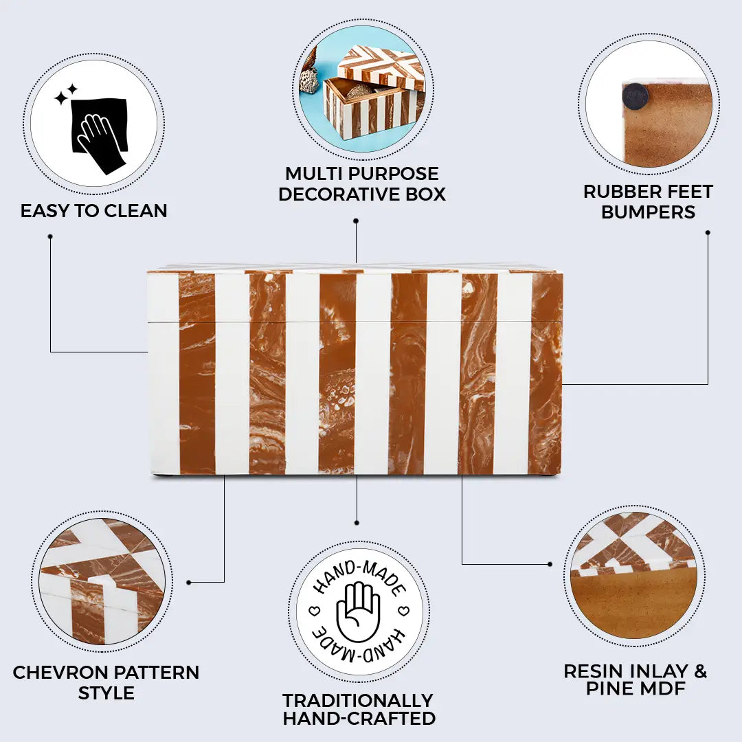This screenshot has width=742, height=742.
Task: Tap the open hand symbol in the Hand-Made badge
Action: coord(358,610)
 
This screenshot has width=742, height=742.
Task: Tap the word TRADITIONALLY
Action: coord(358,700)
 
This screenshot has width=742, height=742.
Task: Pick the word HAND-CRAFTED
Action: coord(359,719)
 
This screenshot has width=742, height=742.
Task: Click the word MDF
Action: coord(663,688)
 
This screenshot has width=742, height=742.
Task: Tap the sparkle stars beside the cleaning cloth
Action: coord(66,94)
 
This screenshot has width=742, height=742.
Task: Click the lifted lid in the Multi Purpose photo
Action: coord(380,66)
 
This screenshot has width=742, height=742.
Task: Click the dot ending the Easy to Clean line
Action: coord(50,236)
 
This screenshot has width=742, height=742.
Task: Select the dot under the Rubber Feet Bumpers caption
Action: coord(708,232)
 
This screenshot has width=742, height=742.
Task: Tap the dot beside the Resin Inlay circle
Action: coord(550,564)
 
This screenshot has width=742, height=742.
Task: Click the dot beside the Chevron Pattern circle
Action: coord(189,582)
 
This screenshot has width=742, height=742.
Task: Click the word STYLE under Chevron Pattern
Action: coord(106,693)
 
